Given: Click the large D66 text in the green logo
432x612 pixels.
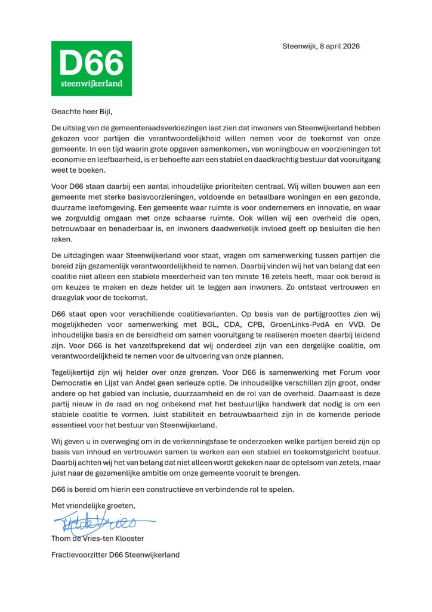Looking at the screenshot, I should point(91,62).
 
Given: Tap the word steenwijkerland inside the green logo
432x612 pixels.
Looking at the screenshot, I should point(91,83).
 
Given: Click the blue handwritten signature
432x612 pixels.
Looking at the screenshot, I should point(98,524).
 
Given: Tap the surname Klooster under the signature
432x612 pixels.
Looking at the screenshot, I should point(128,538).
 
